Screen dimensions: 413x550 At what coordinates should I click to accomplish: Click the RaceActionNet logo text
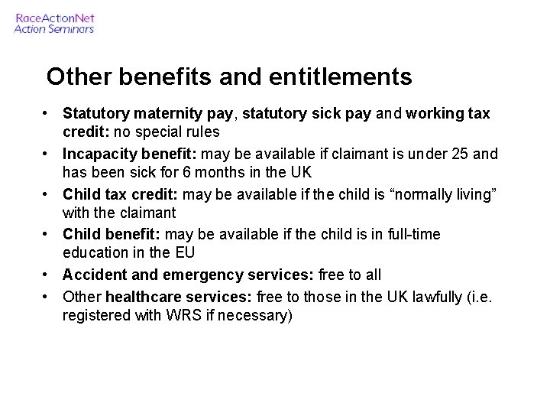[54, 18]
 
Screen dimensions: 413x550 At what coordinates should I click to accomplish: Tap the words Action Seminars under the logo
[54, 29]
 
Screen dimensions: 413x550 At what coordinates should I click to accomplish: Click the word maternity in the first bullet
[157, 114]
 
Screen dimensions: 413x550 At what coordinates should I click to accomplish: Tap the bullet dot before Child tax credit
[47, 193]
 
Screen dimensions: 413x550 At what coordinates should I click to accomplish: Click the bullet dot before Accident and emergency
[47, 273]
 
